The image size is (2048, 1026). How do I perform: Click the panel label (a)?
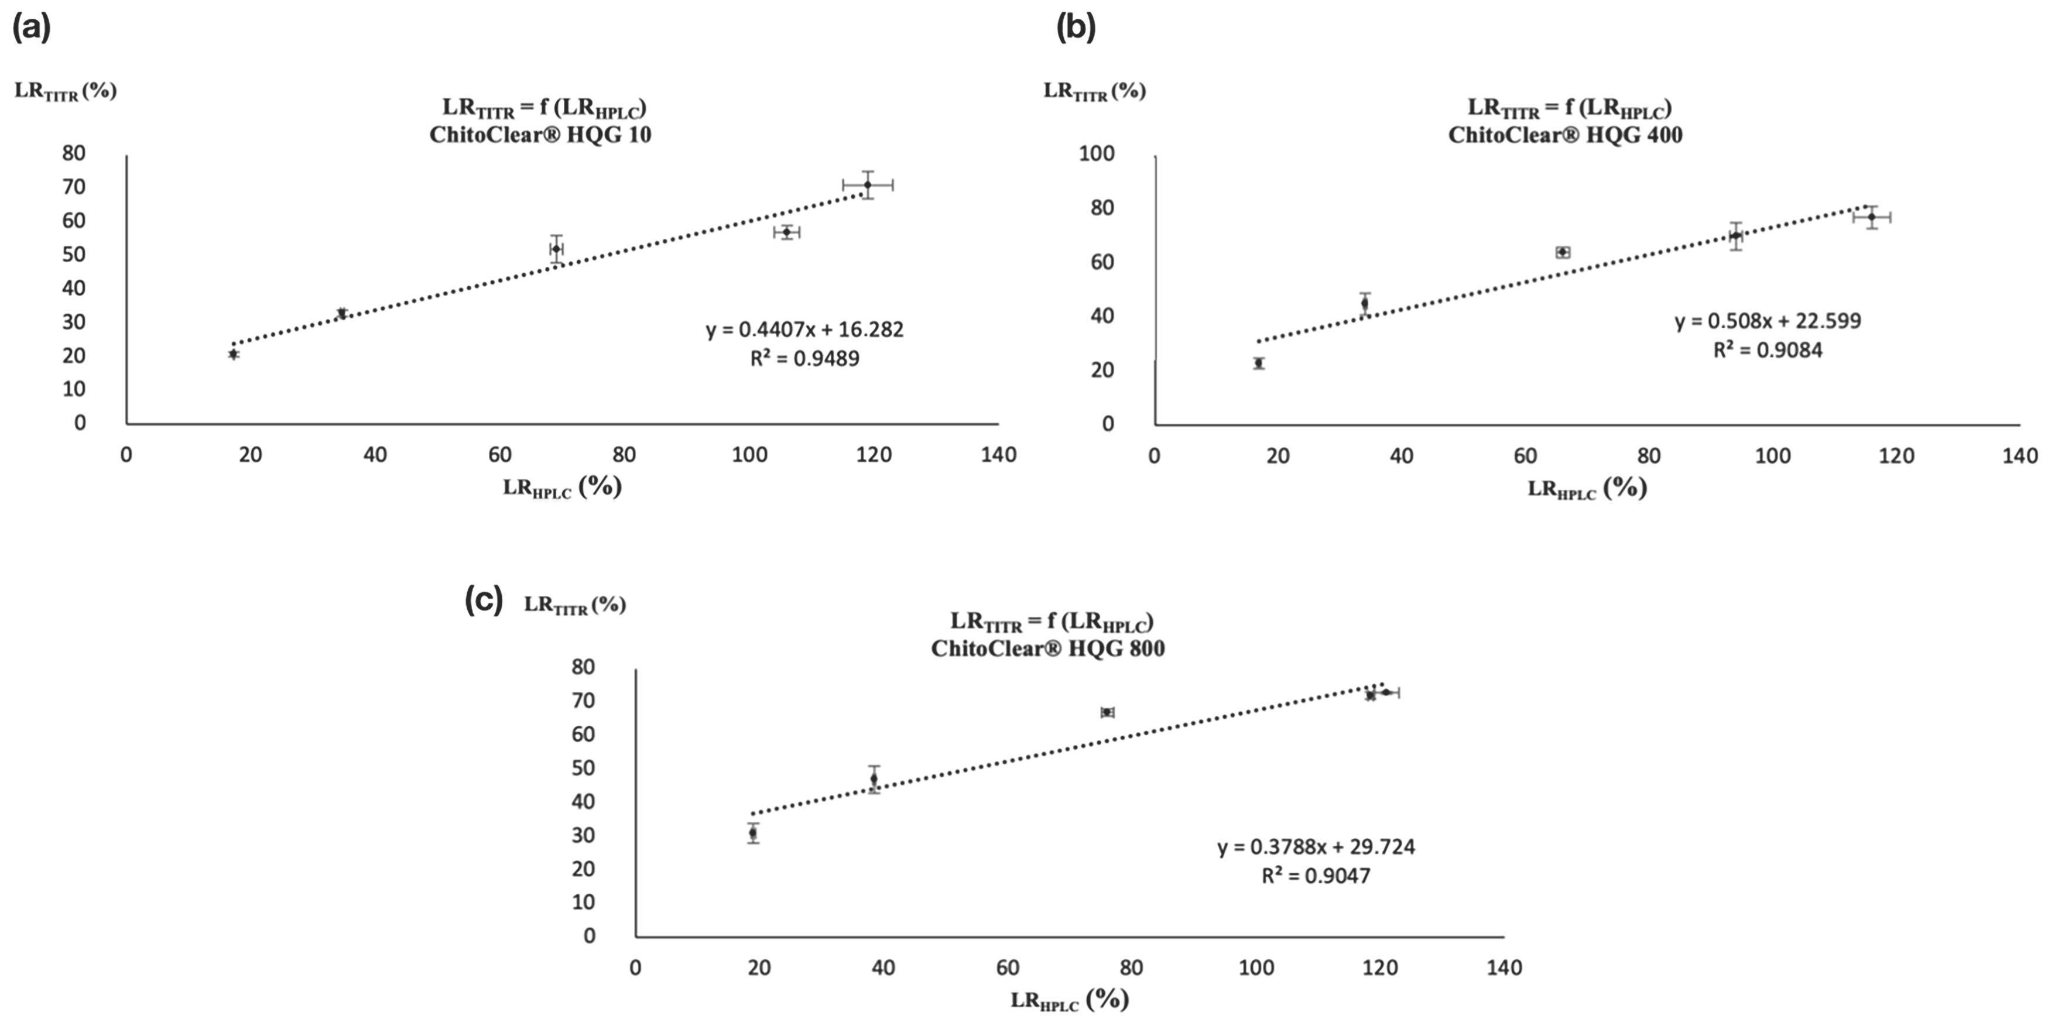32,29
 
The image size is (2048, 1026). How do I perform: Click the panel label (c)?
484,601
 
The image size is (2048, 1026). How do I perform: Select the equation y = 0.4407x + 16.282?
804,329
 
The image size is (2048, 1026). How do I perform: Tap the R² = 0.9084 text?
1768,349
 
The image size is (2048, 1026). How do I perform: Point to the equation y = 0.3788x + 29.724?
1316,846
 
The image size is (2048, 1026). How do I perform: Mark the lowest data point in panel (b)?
1259,363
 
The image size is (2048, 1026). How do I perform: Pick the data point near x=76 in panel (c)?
1107,712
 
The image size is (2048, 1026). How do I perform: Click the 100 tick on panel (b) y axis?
1097,153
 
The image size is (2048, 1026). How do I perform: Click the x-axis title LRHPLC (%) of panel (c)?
1069,1000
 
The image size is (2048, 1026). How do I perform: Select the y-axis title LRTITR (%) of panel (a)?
65,91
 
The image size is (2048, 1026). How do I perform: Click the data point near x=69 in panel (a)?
557,249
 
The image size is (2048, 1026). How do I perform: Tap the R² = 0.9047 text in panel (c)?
1316,876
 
